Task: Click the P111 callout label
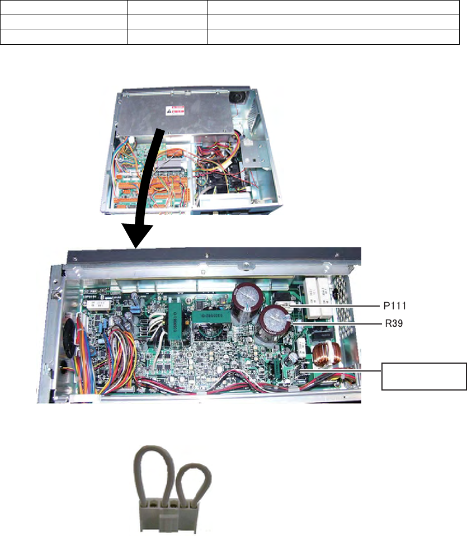tap(394, 306)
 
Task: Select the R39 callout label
tap(391, 324)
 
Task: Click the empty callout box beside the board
tap(424, 375)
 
